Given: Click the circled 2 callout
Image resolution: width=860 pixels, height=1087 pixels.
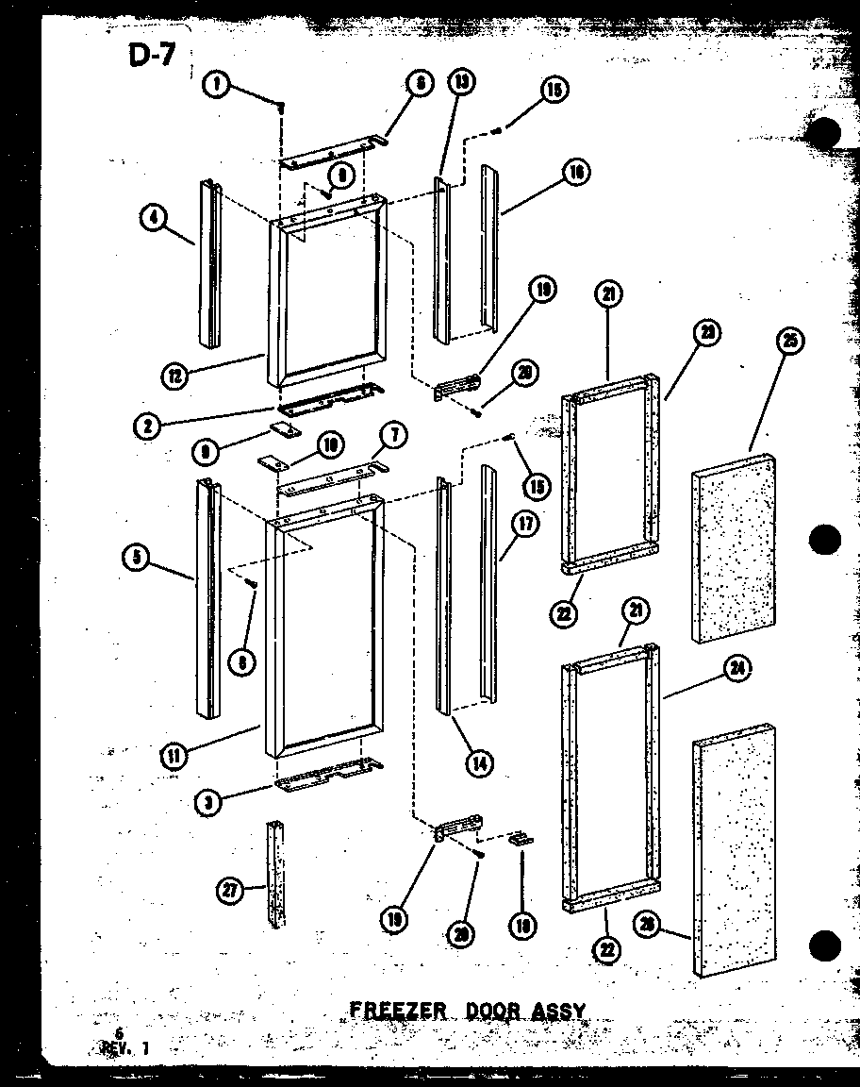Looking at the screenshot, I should tap(147, 426).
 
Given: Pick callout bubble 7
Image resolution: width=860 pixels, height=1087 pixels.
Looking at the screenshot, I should tap(393, 435).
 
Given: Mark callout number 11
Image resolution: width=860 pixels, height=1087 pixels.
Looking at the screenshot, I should tap(174, 755).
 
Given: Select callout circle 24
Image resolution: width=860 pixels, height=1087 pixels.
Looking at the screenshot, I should tap(736, 669).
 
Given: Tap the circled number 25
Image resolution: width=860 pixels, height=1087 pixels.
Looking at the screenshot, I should tap(791, 342).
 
